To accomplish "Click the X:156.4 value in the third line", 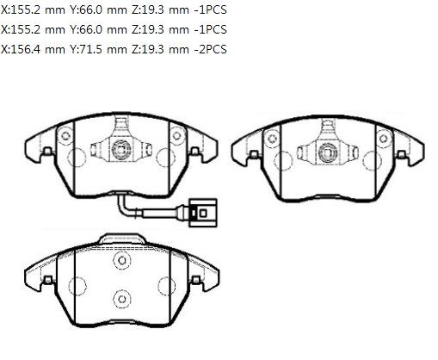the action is (x=21, y=49).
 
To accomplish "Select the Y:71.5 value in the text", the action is (x=86, y=49).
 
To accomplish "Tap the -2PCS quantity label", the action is (x=210, y=49).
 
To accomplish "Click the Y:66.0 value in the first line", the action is (x=86, y=10).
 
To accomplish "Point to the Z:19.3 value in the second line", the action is (x=148, y=29).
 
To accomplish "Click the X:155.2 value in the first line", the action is (x=21, y=10).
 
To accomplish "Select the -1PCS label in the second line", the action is (x=210, y=29).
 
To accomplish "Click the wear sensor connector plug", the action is (x=202, y=213).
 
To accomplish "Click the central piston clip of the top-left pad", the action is (x=121, y=149).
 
